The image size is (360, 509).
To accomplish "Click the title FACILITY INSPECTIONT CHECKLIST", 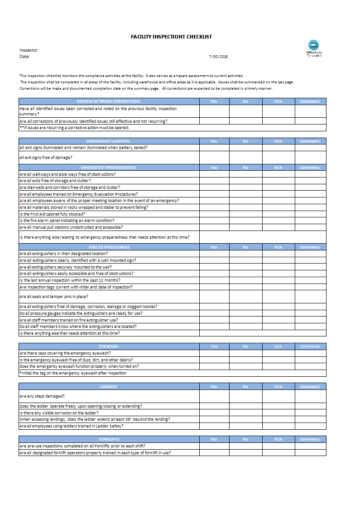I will [x=171, y=37].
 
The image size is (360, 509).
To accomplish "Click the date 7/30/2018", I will [x=218, y=57].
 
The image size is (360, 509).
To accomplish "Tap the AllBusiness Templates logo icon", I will [x=313, y=45].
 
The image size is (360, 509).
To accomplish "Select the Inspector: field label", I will [x=29, y=50].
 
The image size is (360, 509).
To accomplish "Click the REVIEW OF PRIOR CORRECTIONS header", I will [x=109, y=101].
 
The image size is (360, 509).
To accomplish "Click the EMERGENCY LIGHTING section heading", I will [x=109, y=141].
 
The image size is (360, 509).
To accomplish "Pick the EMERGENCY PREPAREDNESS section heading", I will [x=109, y=168].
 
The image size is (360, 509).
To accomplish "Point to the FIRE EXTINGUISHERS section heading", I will [x=109, y=247].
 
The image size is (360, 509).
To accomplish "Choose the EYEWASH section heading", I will [x=109, y=346].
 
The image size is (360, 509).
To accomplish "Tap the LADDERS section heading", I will [x=109, y=387].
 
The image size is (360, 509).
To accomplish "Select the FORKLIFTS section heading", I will [x=109, y=439].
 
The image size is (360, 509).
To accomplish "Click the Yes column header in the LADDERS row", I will [x=214, y=387].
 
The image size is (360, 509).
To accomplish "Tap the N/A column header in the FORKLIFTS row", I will [x=278, y=439].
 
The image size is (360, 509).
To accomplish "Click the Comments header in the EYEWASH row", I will [x=310, y=346].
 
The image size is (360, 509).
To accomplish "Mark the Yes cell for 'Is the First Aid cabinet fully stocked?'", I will [x=214, y=214].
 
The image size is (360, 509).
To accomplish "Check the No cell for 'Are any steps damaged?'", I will [x=245, y=396].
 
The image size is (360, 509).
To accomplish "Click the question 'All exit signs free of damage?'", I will [x=46, y=158].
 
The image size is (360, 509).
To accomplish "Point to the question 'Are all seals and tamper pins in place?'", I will [x=54, y=297].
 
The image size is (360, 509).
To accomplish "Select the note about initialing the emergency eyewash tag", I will [x=73, y=373].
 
